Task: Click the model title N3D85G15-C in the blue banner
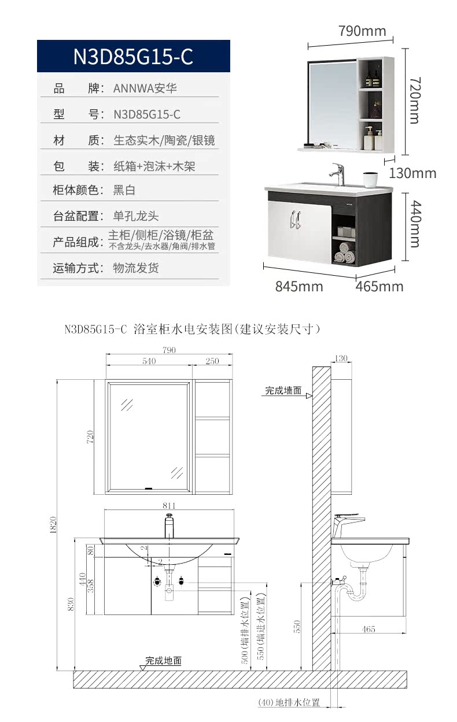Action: [133, 56]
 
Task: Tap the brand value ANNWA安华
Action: [145, 88]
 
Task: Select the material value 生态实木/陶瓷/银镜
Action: [164, 140]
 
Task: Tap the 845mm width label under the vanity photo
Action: [298, 286]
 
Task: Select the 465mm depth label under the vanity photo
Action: [379, 286]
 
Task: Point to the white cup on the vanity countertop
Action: [369, 179]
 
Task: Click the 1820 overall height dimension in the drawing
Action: [53, 523]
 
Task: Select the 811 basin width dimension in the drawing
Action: [169, 505]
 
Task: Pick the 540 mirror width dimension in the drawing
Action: [149, 361]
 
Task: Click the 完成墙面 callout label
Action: [283, 391]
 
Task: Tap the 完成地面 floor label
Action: [163, 660]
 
